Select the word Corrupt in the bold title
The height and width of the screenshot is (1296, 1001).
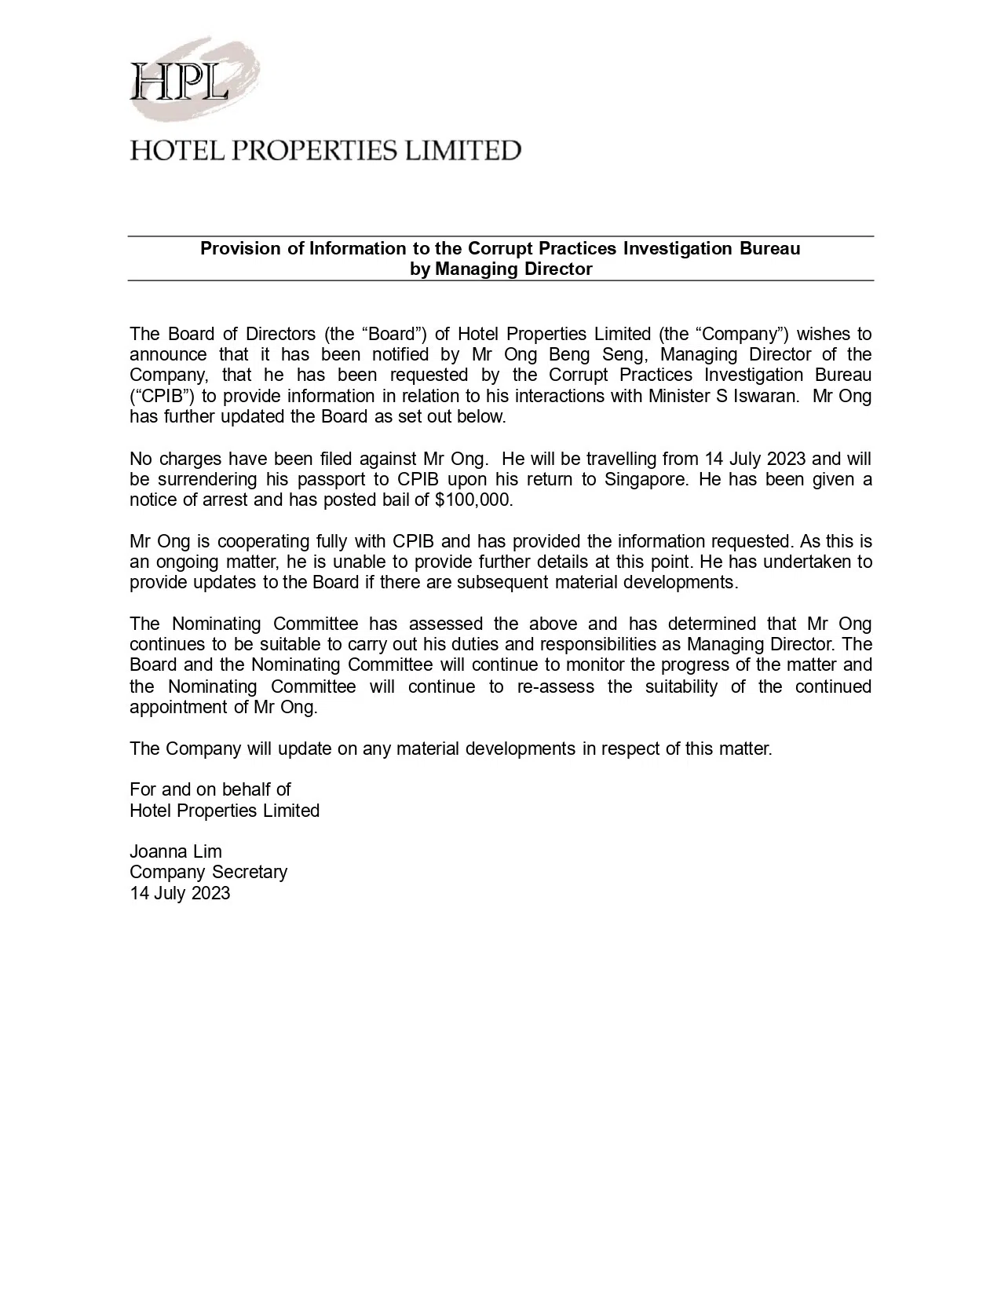point(497,249)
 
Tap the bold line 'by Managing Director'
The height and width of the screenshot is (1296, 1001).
point(501,269)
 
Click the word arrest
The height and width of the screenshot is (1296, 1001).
point(231,500)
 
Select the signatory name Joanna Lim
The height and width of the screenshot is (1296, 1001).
point(176,852)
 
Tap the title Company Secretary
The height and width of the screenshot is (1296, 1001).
point(209,873)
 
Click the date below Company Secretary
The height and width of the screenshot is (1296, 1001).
point(180,894)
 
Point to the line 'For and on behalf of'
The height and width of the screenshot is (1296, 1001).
point(210,790)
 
